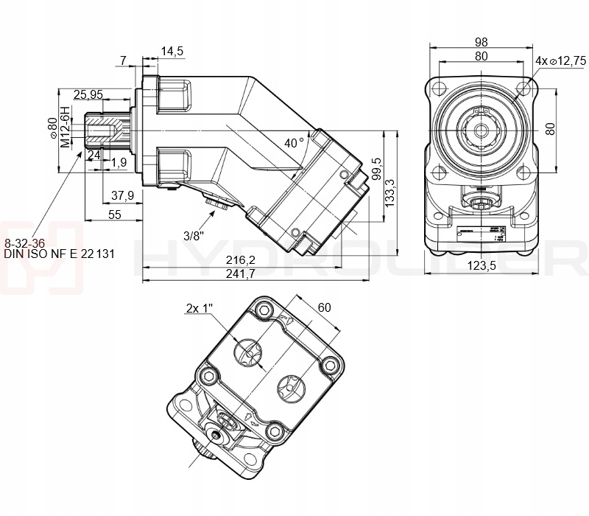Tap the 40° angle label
tap(294, 142)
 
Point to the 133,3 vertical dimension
tap(392, 192)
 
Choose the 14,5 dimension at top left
tap(172, 51)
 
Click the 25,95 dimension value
tap(88, 94)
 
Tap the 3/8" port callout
tap(194, 236)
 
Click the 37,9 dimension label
tap(121, 195)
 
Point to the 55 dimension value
tap(114, 215)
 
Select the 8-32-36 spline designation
tap(25, 243)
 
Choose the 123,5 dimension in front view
tap(481, 265)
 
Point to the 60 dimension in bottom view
tap(323, 307)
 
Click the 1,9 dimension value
tap(119, 161)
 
